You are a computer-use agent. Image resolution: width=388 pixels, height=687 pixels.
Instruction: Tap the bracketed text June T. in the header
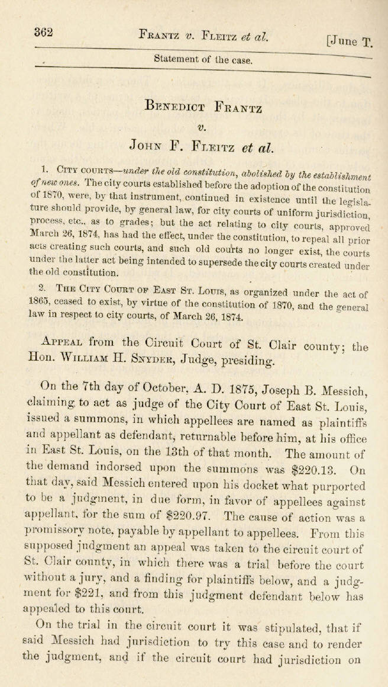coord(350,41)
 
